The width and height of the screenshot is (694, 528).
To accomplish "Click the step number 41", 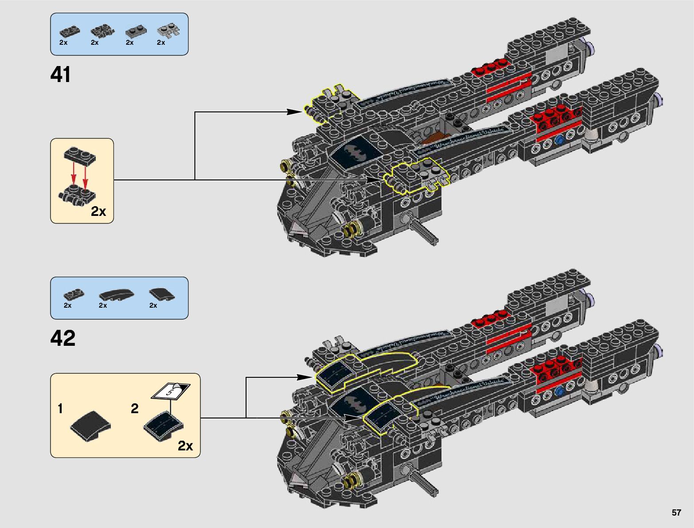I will [x=61, y=74].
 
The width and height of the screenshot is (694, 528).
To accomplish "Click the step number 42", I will [x=63, y=338].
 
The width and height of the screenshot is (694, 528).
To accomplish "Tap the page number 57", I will [x=676, y=513].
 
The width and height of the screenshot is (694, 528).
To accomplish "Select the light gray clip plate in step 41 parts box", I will [x=169, y=31].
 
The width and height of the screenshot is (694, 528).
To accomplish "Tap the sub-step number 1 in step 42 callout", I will [x=60, y=408].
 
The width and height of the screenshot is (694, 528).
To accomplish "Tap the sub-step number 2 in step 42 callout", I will [x=135, y=408].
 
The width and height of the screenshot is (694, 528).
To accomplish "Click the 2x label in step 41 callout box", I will [x=98, y=211].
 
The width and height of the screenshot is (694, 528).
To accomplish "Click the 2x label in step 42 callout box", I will [x=185, y=446].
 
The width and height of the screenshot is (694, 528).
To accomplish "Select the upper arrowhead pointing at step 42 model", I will [x=305, y=377].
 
